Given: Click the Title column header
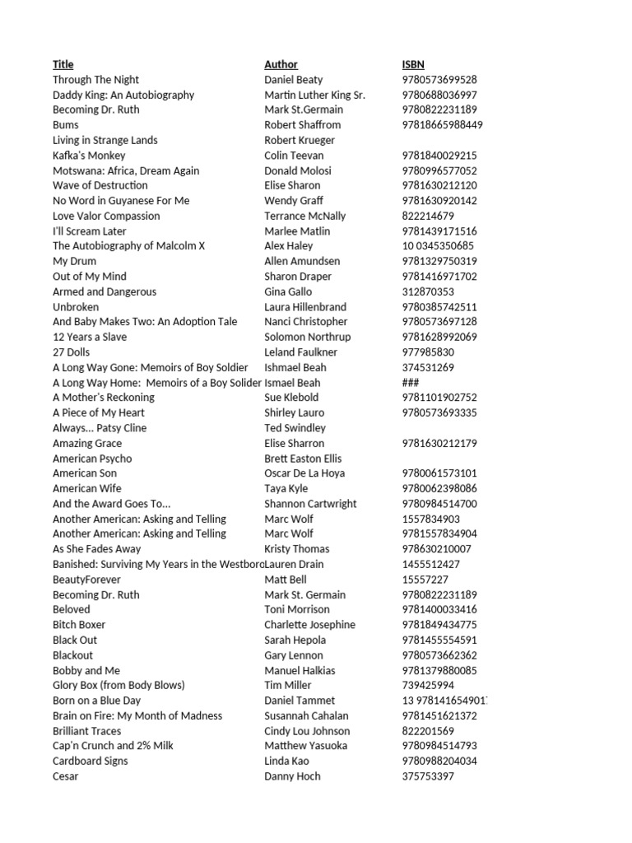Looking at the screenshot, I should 63,64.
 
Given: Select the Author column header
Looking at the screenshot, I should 281,64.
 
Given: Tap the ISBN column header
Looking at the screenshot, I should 413,64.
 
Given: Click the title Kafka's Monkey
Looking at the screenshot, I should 89,156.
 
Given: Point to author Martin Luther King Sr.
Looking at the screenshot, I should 314,95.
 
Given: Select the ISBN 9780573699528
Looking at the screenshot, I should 439,80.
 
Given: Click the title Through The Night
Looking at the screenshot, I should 95,80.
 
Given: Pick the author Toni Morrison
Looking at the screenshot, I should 296,609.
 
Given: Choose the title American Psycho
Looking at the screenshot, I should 92,459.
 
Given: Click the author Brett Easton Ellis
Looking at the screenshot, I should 303,459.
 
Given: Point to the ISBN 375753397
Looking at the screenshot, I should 428,776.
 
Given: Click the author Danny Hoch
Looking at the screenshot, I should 292,776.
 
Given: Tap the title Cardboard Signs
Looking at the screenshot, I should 91,761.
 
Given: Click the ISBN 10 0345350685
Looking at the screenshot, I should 438,246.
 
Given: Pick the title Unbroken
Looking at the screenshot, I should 76,307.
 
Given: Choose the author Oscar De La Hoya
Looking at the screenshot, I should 304,473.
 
